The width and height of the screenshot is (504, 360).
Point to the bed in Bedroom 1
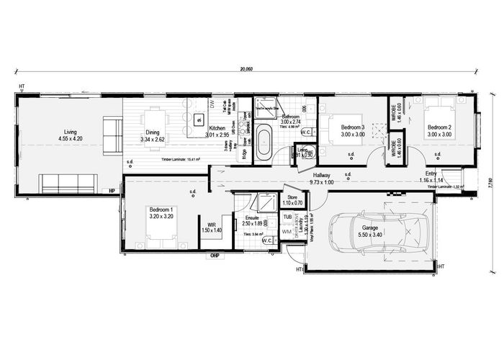(x=153, y=231)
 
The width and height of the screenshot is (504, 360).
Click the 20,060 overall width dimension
(x=246, y=69)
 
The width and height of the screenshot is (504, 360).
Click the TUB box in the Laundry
(x=288, y=216)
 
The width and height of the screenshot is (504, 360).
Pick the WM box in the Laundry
(x=288, y=232)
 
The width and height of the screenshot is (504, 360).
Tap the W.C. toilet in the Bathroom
(x=305, y=132)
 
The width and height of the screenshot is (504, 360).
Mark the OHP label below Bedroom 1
(x=214, y=256)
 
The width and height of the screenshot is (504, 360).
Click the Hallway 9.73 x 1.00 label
(x=321, y=179)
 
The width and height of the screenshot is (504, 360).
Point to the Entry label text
(x=431, y=174)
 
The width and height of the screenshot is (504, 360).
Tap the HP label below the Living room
(x=112, y=190)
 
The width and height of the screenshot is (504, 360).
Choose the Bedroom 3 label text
(x=353, y=127)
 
